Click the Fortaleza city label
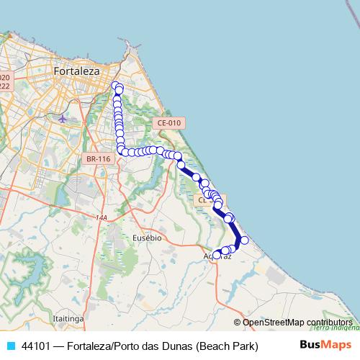click(x=77, y=71)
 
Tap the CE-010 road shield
click(x=170, y=123)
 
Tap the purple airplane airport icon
click(x=63, y=117)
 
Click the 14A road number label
click(x=101, y=217)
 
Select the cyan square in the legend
click(x=10, y=346)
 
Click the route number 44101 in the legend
click(x=36, y=346)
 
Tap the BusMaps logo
click(x=325, y=346)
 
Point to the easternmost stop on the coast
click(x=244, y=240)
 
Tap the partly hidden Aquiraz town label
click(x=215, y=256)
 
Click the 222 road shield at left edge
click(x=4, y=86)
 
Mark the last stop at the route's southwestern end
click(x=216, y=253)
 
